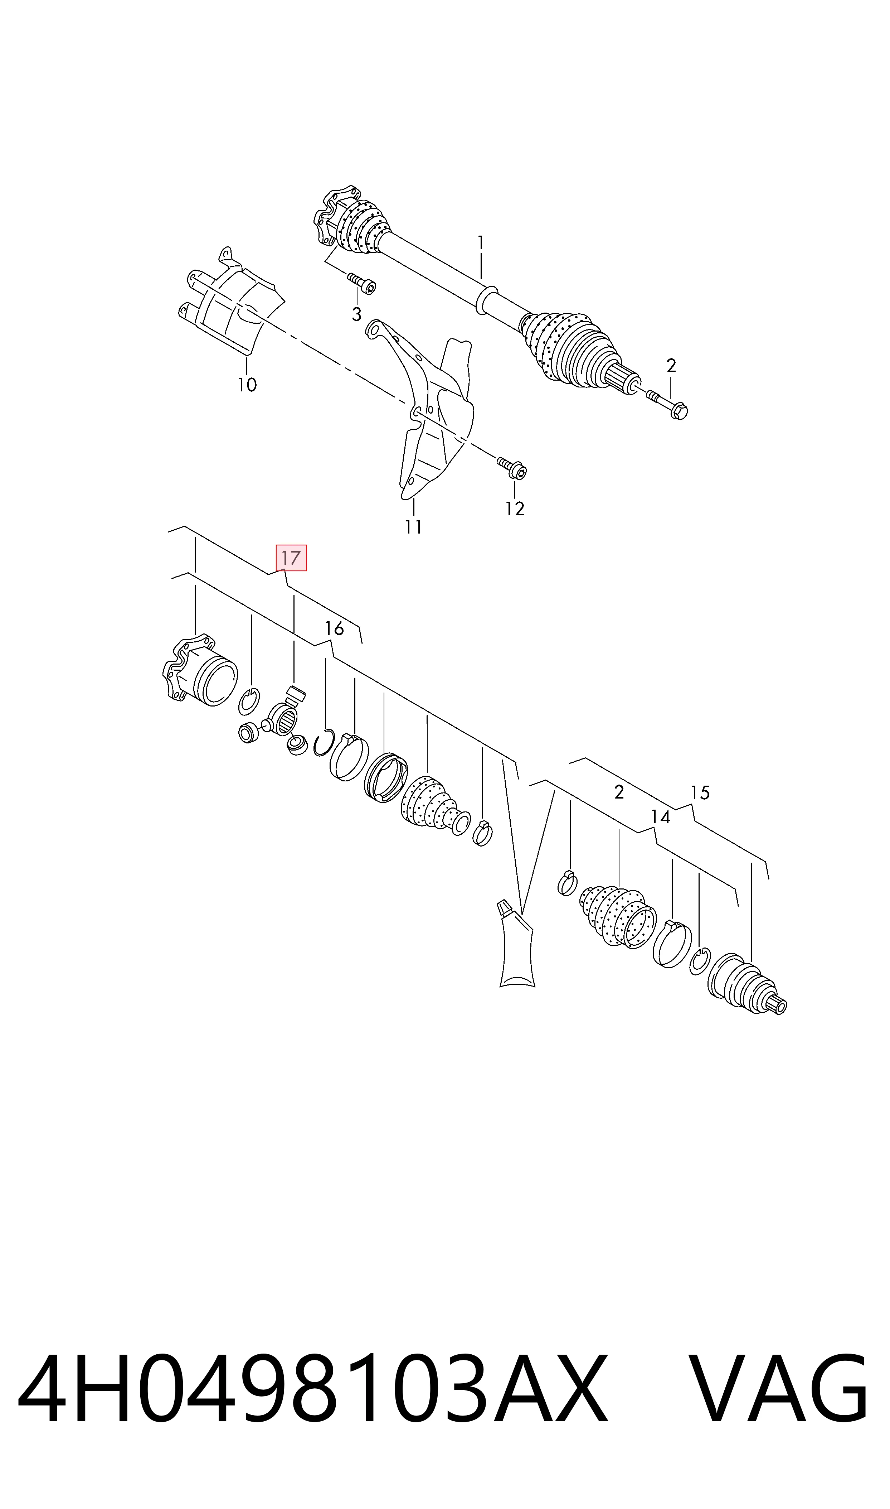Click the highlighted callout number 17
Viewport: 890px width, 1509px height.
291,558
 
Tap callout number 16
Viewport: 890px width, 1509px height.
334,629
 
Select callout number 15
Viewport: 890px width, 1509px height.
700,793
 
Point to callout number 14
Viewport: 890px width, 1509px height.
660,817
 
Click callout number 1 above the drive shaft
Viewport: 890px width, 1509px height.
480,243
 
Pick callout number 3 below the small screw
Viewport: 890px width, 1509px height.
357,314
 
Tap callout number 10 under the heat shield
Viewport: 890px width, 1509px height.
247,385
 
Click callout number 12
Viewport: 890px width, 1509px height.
515,509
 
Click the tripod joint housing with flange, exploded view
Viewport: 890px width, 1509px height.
200,670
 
